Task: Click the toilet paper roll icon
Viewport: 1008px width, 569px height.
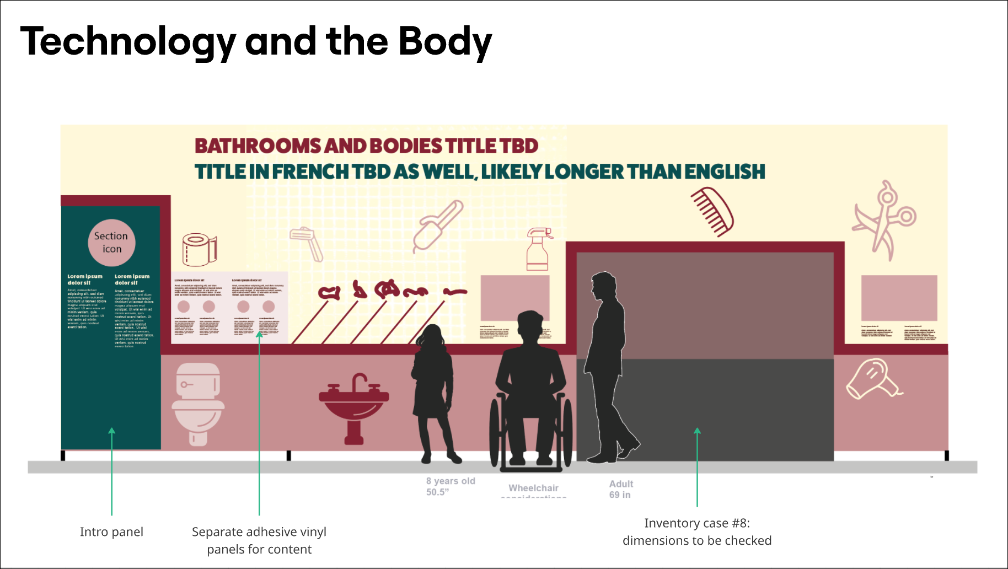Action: [x=199, y=249]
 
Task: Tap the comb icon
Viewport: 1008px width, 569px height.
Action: [x=712, y=212]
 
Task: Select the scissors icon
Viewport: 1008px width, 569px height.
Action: [x=884, y=219]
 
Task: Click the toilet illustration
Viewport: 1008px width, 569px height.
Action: [x=198, y=403]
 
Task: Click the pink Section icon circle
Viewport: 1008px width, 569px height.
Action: [x=111, y=243]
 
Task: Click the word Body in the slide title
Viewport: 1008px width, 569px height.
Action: [x=444, y=42]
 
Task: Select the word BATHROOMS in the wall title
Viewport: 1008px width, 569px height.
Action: [x=258, y=146]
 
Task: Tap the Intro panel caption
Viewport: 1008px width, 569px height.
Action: [x=111, y=532]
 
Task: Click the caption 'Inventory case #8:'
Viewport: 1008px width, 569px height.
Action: [x=697, y=523]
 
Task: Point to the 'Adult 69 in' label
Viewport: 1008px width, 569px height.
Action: [x=621, y=489]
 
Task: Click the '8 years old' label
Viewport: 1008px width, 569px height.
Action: [x=450, y=481]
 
